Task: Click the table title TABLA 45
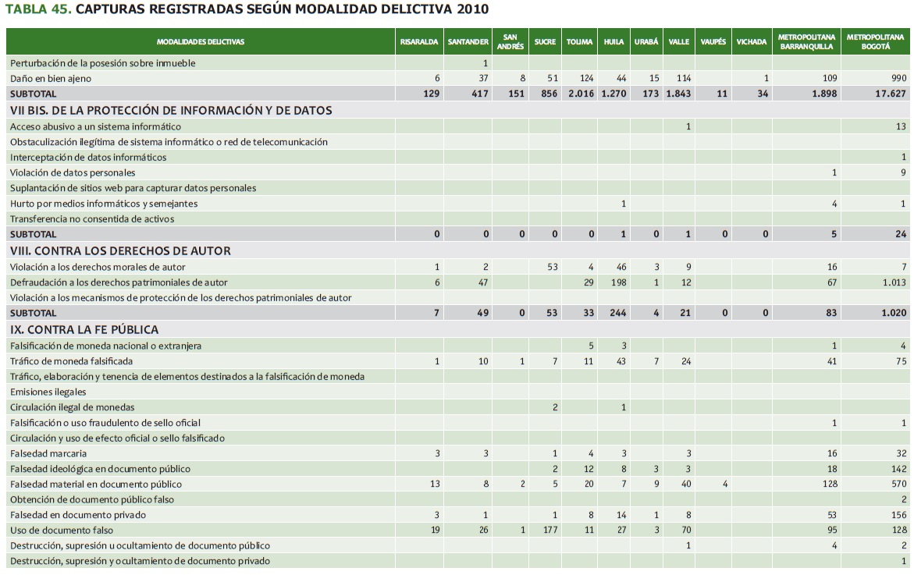coord(38,10)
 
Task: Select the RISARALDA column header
coord(419,41)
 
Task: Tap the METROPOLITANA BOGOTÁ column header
coord(875,41)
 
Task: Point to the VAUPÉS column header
coord(713,41)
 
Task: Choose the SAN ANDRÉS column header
coord(510,41)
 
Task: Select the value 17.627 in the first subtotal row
coord(890,94)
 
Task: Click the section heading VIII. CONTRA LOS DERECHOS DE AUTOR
coord(120,251)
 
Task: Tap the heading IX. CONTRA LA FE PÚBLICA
coord(84,329)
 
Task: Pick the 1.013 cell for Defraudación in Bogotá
coord(894,282)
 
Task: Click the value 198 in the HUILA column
coord(619,282)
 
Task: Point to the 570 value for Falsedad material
coord(898,484)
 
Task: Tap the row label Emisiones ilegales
coord(48,392)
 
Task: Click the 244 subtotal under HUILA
coord(617,313)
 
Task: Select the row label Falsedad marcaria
coord(48,453)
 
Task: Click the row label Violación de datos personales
coord(73,172)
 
